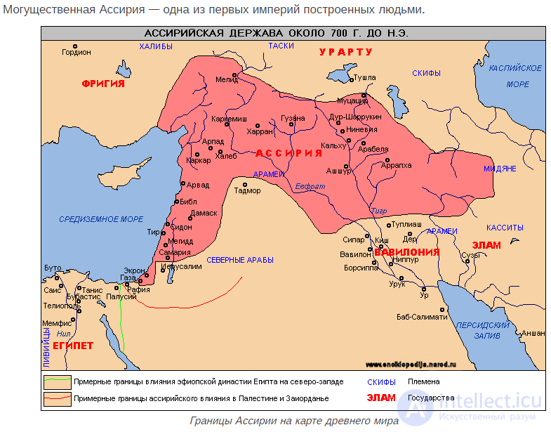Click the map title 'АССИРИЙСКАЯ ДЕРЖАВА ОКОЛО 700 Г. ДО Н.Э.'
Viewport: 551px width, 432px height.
276,33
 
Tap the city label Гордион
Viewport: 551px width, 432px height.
77,52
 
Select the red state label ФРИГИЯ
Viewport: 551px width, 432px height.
102,84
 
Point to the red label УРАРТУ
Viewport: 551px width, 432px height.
345,53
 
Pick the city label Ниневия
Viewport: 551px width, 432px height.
362,129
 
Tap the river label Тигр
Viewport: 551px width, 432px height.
378,211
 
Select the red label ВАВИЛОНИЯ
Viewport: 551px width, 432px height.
406,251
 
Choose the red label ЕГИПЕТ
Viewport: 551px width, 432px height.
72,346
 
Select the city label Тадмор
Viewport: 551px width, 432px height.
247,190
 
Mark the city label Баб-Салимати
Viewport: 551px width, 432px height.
442,317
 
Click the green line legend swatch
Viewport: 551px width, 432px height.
58,382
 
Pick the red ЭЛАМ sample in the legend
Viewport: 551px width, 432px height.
382,398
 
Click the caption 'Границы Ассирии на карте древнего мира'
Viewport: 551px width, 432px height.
293,421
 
